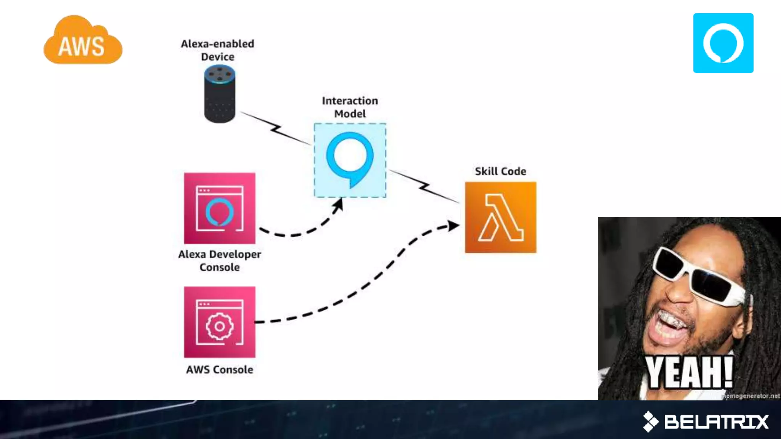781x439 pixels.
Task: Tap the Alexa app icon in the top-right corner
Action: (x=723, y=43)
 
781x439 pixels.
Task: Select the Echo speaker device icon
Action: (x=219, y=94)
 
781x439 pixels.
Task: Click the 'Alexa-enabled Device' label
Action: (x=217, y=50)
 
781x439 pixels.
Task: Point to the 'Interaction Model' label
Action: (x=350, y=107)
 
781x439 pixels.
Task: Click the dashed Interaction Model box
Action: (x=350, y=160)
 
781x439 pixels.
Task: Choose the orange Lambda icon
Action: (x=500, y=217)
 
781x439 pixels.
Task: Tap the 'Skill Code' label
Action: (x=500, y=171)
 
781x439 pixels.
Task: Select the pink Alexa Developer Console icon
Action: (x=219, y=208)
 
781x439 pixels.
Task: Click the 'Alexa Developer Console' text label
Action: (x=219, y=261)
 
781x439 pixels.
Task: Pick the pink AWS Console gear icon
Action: (x=219, y=322)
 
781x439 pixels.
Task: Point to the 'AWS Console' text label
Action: (x=219, y=370)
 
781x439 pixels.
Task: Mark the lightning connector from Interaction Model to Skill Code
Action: (x=424, y=186)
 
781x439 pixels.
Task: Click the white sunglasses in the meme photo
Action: (x=698, y=274)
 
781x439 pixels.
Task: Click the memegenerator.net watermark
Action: (x=750, y=396)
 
